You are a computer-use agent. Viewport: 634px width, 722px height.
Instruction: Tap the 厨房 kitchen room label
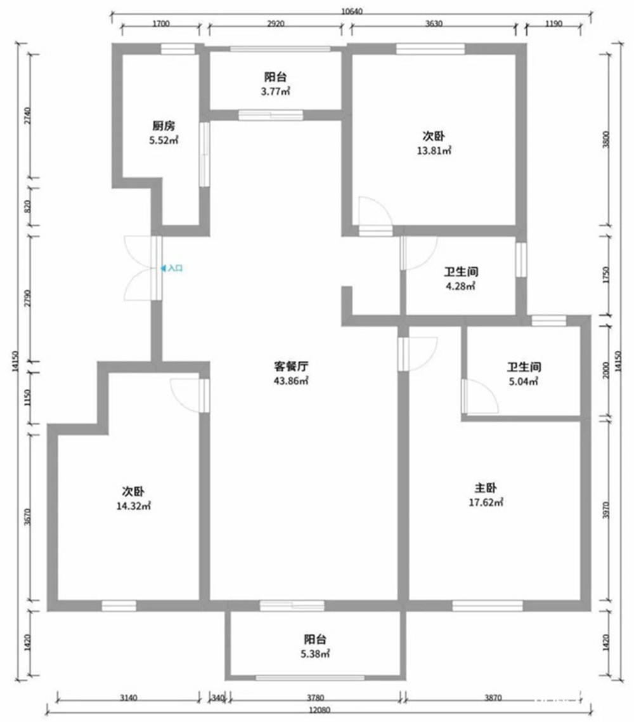pos(164,126)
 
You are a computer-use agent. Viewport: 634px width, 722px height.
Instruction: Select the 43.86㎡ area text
pos(291,381)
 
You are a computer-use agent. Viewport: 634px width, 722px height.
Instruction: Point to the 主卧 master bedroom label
pos(486,488)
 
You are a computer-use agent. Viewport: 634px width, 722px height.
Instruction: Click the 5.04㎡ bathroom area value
pos(524,381)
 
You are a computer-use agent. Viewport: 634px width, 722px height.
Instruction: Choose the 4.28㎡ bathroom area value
pos(460,286)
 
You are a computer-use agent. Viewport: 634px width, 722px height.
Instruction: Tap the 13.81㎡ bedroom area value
pos(434,150)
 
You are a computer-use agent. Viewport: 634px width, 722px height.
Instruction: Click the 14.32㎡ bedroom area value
pos(133,506)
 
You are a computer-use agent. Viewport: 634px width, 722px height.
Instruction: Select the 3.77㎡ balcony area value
pos(276,91)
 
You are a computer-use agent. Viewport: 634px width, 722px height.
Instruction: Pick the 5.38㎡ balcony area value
pos(315,653)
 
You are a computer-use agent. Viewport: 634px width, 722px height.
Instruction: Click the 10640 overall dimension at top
pos(351,11)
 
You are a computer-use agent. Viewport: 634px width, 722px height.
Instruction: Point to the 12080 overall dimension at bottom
pos(320,709)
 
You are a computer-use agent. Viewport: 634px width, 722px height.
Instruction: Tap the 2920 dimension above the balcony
pos(276,24)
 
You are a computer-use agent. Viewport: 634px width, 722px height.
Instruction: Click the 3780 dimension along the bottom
pos(315,698)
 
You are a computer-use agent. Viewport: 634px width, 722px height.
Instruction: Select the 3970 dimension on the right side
pos(606,510)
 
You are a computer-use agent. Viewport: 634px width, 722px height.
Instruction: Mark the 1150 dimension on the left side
pos(27,398)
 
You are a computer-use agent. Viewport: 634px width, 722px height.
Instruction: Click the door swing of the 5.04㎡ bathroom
pos(481,396)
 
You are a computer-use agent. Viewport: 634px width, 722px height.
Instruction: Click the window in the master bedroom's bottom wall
pos(488,605)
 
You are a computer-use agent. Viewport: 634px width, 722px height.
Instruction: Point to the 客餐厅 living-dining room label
pos(291,367)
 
